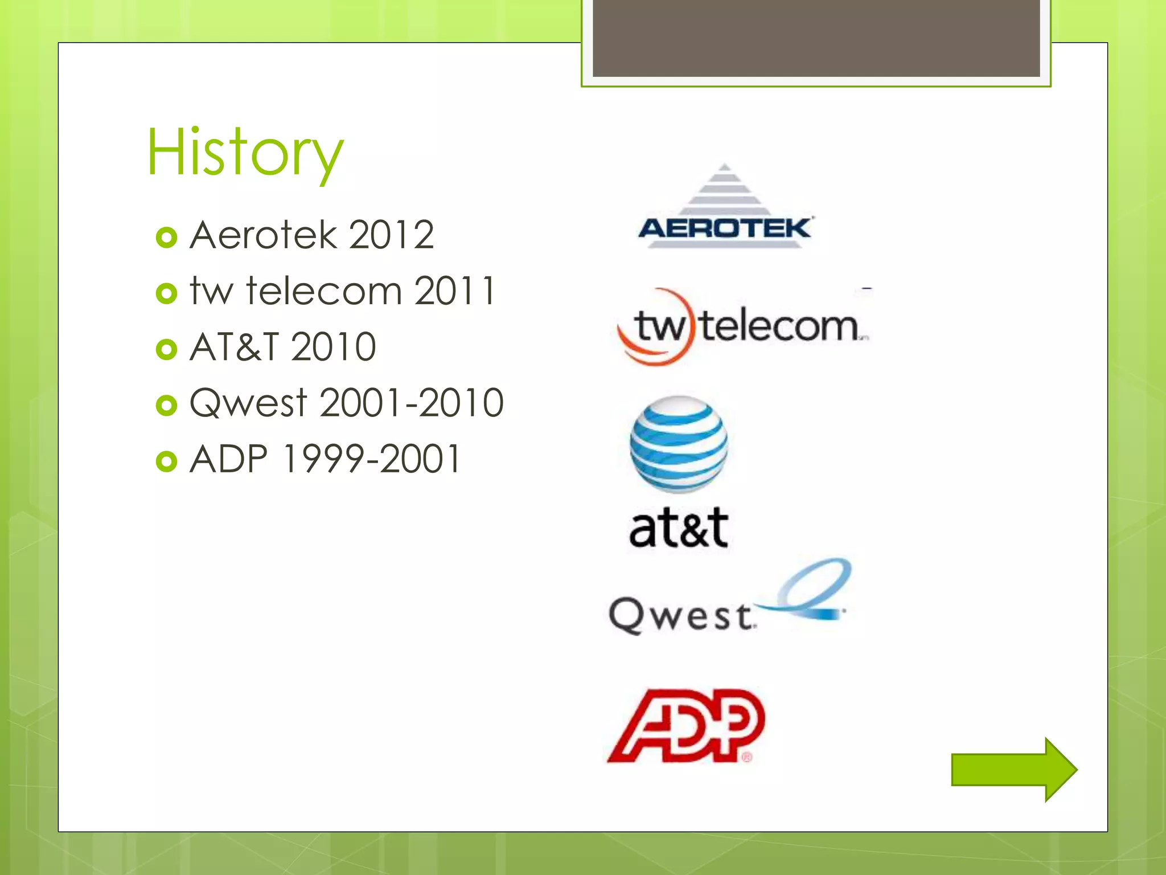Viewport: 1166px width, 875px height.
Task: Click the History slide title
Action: (x=245, y=153)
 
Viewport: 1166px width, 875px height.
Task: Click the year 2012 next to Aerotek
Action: (x=391, y=235)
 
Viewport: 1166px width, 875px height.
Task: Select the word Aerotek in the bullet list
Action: (x=263, y=235)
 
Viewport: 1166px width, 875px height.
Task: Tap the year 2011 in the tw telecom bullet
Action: (x=454, y=291)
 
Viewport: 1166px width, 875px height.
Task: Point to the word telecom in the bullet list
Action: (x=324, y=291)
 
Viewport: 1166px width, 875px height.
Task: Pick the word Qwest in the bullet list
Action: (x=248, y=403)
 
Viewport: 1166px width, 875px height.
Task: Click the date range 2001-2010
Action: (x=412, y=403)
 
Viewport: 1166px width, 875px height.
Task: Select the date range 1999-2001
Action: (x=371, y=459)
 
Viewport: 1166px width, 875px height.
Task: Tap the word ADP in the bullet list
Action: (x=228, y=459)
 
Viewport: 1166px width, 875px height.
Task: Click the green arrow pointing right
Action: (x=1013, y=770)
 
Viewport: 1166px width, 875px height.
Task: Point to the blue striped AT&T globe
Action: (x=678, y=444)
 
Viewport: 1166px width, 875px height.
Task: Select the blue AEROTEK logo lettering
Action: (x=724, y=228)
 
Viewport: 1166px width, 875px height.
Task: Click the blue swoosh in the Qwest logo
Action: (x=814, y=592)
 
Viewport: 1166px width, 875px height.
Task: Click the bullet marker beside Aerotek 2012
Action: (x=166, y=237)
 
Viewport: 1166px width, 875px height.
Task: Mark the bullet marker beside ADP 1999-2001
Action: (x=166, y=461)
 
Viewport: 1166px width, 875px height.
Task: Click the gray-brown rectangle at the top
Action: (x=816, y=38)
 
